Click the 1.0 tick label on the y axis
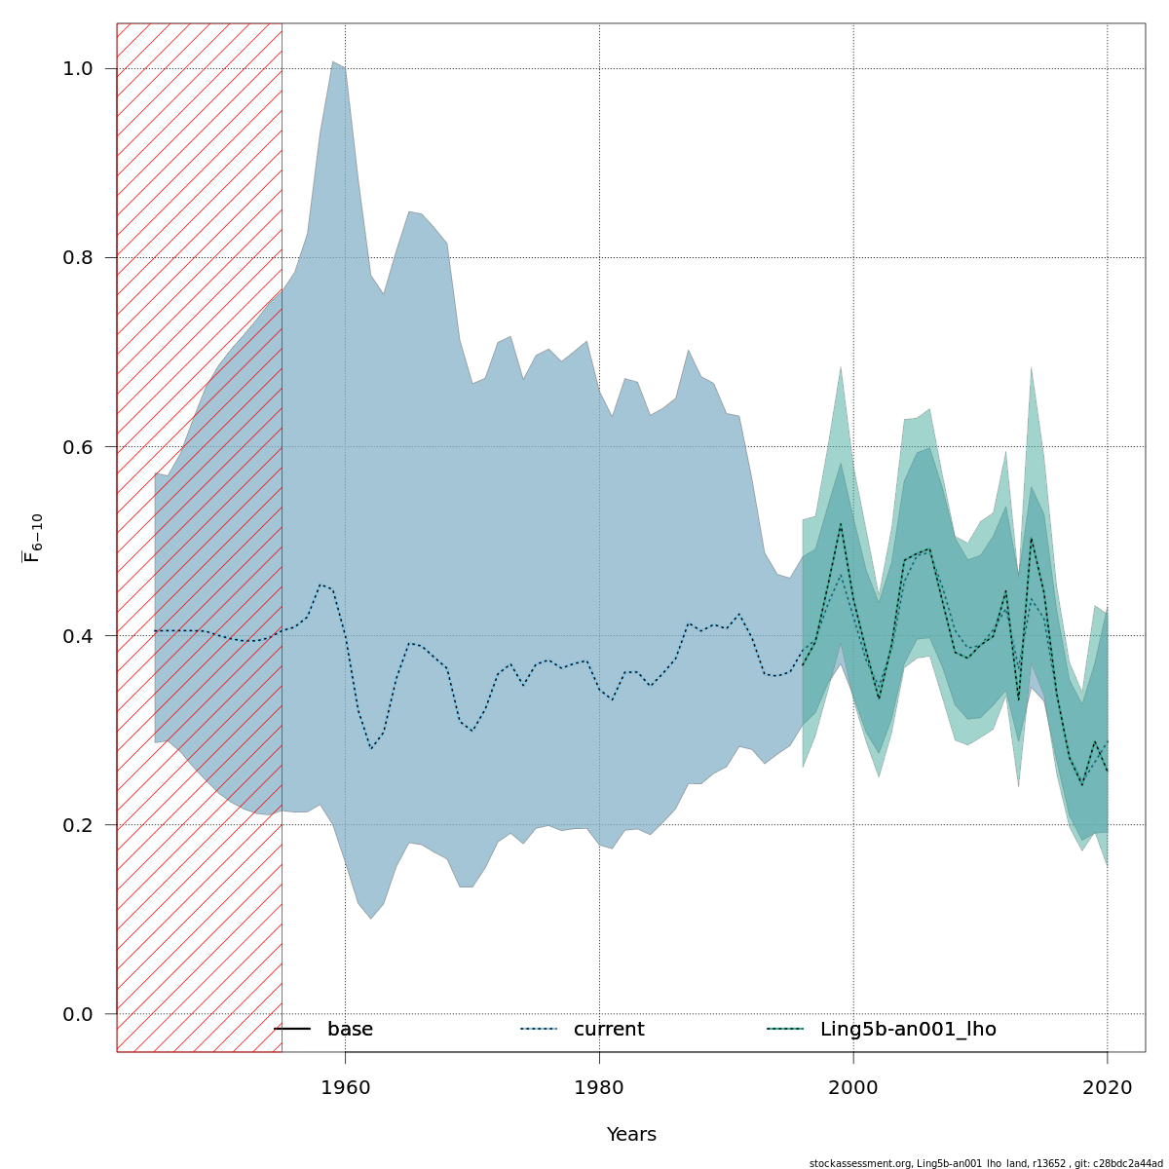coord(78,69)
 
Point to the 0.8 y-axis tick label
coord(78,258)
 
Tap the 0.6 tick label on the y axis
coord(78,447)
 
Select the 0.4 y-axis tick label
coord(78,636)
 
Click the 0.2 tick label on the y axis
coord(78,825)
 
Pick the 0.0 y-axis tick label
coord(78,1014)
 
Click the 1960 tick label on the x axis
coord(345,1087)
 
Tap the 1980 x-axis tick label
coord(599,1087)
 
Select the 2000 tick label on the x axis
coord(853,1087)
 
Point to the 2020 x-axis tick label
coord(1108,1087)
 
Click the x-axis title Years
coord(631,1135)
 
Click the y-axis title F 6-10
coord(34,538)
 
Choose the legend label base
coord(350,1030)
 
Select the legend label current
coord(609,1030)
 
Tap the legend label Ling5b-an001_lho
coord(908,1030)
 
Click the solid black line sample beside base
coord(292,1029)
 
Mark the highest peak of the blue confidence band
coord(333,62)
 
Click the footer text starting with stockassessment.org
coord(986,1163)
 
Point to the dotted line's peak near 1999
coord(841,524)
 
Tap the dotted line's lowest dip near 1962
coord(371,748)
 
